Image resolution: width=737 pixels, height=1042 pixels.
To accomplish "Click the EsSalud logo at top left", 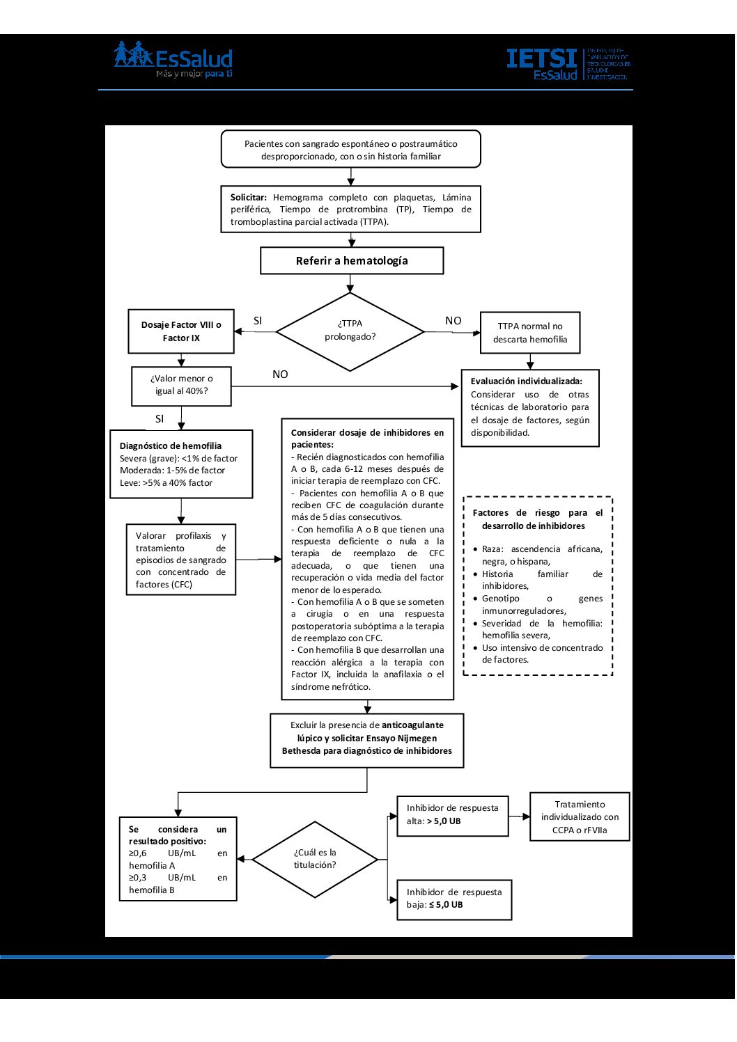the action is tap(173, 60).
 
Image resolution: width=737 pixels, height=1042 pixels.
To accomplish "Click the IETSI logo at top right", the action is tap(568, 64).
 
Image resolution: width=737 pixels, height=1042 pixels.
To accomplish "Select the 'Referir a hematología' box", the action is tap(352, 260).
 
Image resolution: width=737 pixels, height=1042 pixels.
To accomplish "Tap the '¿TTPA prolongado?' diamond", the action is tap(350, 332).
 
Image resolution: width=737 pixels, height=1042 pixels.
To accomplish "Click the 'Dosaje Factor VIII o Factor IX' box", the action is tap(181, 331).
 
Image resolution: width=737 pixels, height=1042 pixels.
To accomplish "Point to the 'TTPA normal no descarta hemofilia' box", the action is tap(530, 333).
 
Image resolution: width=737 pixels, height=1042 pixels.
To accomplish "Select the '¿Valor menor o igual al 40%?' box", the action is tap(181, 386).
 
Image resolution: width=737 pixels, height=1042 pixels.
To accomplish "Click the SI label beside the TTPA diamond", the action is tap(258, 320).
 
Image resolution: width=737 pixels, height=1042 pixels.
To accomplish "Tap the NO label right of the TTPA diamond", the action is tap(453, 320).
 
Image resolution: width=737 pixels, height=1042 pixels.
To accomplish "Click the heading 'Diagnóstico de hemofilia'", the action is tap(171, 445).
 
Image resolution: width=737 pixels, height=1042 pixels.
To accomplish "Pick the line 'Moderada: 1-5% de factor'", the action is tap(172, 471).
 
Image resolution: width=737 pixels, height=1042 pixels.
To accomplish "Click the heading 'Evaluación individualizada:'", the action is tap(526, 381).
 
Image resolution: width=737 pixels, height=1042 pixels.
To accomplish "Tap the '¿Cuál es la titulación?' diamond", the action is tap(315, 859).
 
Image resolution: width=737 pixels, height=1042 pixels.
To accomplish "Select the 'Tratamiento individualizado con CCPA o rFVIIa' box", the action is tap(580, 817).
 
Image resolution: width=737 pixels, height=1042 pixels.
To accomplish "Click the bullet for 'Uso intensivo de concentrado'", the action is tap(475, 648).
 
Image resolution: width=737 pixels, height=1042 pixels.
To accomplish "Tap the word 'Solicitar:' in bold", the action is tap(249, 197).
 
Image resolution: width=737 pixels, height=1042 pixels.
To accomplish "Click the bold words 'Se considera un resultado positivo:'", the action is tap(178, 835).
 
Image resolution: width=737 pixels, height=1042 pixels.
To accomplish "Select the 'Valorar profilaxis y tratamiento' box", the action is tap(181, 560).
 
